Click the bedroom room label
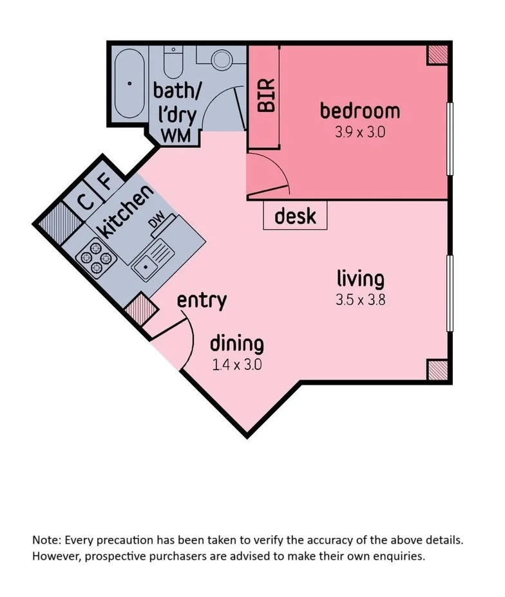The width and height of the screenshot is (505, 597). (x=360, y=111)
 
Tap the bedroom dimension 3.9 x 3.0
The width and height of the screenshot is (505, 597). (x=360, y=133)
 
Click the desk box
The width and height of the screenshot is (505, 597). (x=295, y=216)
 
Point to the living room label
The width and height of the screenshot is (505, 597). (x=360, y=279)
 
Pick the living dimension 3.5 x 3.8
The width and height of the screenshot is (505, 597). (x=360, y=300)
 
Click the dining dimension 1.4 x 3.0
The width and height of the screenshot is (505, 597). (x=236, y=365)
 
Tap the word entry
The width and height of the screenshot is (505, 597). (x=202, y=301)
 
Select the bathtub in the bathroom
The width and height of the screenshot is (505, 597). (x=129, y=83)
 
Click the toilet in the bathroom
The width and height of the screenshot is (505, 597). (x=173, y=61)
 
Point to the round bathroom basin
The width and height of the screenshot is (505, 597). (x=222, y=60)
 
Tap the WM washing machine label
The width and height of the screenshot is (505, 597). (x=176, y=136)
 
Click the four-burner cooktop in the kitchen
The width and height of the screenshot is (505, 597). (x=96, y=259)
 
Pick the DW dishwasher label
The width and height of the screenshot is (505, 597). (x=157, y=220)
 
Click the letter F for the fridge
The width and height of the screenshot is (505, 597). (x=106, y=182)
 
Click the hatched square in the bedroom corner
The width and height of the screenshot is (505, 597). (x=437, y=55)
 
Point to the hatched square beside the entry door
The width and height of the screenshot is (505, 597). (x=142, y=308)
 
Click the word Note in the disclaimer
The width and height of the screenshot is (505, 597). (x=46, y=540)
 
